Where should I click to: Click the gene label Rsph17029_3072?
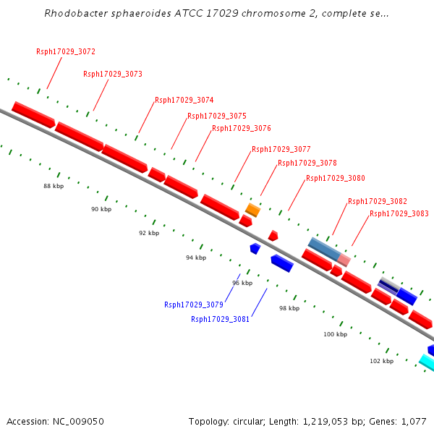66,52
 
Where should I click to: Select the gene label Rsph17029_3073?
113,75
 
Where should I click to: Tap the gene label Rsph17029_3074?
184,101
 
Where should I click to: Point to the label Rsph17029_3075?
217,116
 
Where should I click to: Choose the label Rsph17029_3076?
242,129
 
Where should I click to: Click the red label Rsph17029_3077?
281,150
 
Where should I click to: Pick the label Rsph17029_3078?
307,163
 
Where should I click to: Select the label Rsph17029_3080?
336,178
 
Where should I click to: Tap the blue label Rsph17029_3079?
194,305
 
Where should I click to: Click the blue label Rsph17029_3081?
221,319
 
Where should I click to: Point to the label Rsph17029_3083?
399,214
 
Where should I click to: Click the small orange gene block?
252,210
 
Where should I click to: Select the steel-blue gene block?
324,249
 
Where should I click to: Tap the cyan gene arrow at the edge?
427,361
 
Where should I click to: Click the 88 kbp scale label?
54,187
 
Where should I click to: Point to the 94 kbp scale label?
195,258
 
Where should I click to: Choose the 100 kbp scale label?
335,334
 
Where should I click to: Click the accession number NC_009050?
79,422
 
